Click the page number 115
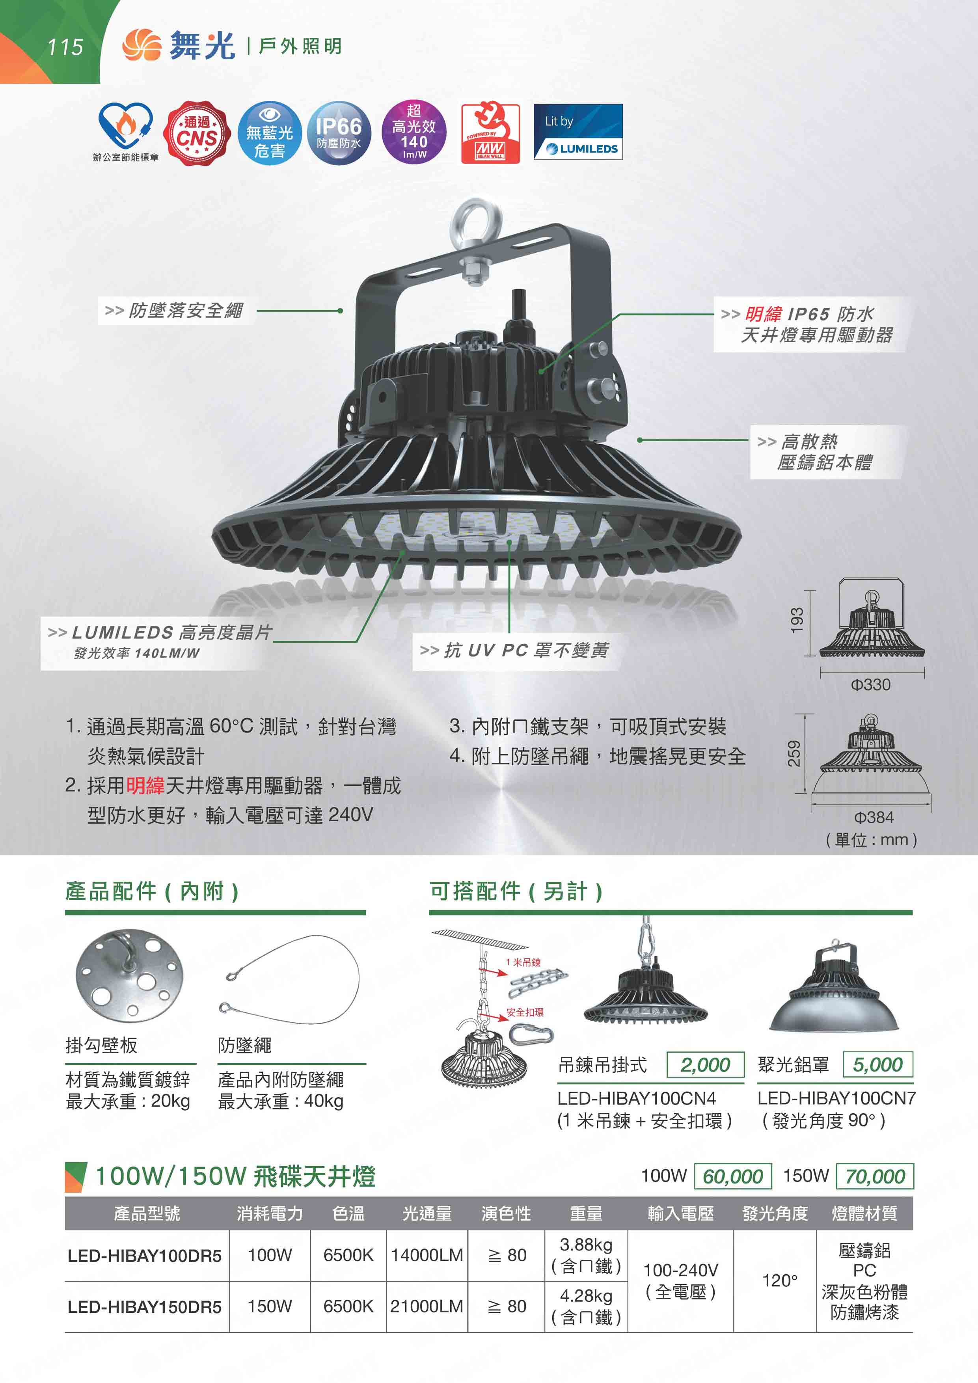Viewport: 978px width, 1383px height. click(65, 47)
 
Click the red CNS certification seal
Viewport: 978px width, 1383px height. click(197, 134)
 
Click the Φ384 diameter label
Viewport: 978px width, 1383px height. click(874, 817)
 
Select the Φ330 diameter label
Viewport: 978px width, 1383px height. click(871, 684)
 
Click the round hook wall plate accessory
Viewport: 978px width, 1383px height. click(129, 976)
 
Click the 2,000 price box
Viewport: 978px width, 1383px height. click(705, 1064)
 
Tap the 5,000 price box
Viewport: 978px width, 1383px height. click(878, 1064)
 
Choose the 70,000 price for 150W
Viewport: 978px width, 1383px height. click(875, 1176)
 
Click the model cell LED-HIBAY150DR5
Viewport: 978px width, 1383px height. click(145, 1307)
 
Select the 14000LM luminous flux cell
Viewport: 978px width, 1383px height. click(427, 1255)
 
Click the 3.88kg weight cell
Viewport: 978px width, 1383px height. click(586, 1255)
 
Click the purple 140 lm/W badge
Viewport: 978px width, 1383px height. click(414, 132)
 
